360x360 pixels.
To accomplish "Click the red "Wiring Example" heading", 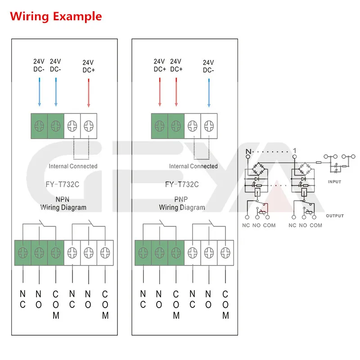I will (56, 17).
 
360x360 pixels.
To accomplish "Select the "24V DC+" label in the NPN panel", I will (89, 66).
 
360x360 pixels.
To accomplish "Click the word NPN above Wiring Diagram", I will (63, 200).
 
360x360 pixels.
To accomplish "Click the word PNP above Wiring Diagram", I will (181, 200).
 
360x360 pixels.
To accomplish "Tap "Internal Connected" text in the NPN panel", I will (73, 166).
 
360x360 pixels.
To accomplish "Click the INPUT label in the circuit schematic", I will (335, 182).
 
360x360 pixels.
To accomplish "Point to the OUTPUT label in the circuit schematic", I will (334, 216).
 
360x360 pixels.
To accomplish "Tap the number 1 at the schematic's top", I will (294, 150).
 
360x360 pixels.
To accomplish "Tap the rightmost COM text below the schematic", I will (316, 225).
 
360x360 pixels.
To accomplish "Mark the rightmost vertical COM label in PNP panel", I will (225, 305).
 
